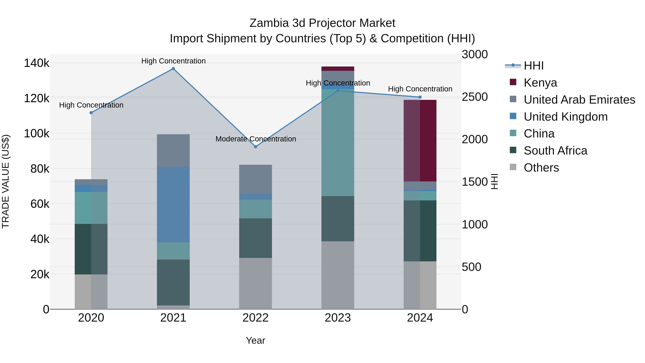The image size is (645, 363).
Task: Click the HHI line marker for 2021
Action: [x=173, y=69]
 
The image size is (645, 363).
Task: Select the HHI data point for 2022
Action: [x=255, y=147]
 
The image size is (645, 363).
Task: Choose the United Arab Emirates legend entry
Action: [x=579, y=100]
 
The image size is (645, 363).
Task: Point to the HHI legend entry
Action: [x=533, y=66]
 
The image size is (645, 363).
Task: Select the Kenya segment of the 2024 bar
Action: [x=420, y=140]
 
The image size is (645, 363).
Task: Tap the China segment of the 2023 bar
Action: [x=338, y=143]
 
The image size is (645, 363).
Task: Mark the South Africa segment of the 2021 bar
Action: [x=173, y=282]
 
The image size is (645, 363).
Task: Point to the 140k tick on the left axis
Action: [x=37, y=63]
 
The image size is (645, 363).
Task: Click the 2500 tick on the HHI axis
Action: [x=474, y=97]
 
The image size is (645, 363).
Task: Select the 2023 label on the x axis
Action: [x=338, y=318]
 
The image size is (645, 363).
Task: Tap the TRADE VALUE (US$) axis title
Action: [x=6, y=181]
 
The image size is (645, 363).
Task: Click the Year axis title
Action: [x=255, y=340]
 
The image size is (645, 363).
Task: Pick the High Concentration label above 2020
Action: [x=91, y=105]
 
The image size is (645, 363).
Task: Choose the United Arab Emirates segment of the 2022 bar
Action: [x=255, y=179]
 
